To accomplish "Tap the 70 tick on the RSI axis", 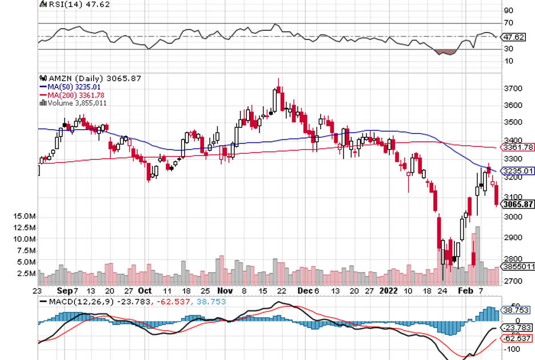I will coord(509,23).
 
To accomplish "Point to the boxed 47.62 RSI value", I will coord(513,37).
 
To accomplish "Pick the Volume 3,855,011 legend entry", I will coord(76,103).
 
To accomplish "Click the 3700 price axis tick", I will coord(514,89).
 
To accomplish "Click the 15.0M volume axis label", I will coord(26,217).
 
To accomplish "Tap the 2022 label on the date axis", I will coord(388,290).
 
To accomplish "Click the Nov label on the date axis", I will coord(226,290).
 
